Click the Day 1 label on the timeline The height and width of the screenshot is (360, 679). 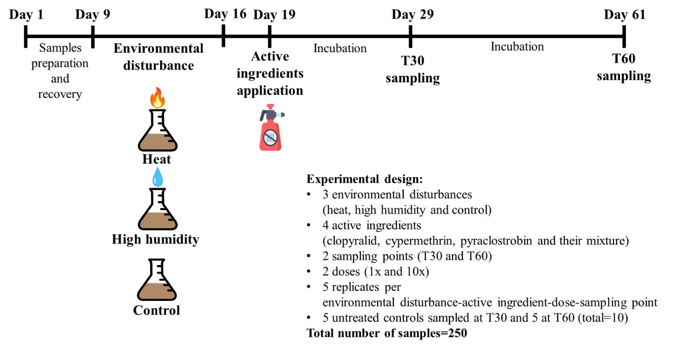click(x=27, y=15)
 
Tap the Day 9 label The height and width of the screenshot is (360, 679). click(x=93, y=15)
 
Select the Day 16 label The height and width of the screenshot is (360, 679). click(x=225, y=14)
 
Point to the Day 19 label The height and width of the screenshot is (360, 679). click(x=274, y=15)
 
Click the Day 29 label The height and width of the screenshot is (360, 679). click(x=413, y=14)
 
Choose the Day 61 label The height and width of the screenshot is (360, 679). click(x=624, y=15)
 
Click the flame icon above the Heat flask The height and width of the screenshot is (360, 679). click(x=158, y=98)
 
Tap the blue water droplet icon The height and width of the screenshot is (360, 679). click(x=158, y=177)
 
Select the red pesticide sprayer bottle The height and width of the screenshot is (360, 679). click(x=271, y=128)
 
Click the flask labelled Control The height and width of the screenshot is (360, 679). click(x=157, y=280)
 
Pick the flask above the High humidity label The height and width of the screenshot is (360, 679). click(x=158, y=209)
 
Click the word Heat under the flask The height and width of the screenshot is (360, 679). click(x=157, y=159)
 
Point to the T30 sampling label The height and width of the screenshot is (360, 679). click(x=413, y=69)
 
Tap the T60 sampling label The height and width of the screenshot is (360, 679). click(x=624, y=67)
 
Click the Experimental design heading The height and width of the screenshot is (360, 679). click(x=365, y=179)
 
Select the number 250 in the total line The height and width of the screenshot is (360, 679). click(x=457, y=333)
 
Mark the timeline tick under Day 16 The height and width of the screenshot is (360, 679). click(x=224, y=36)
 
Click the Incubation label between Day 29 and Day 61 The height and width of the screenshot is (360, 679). click(x=517, y=47)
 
